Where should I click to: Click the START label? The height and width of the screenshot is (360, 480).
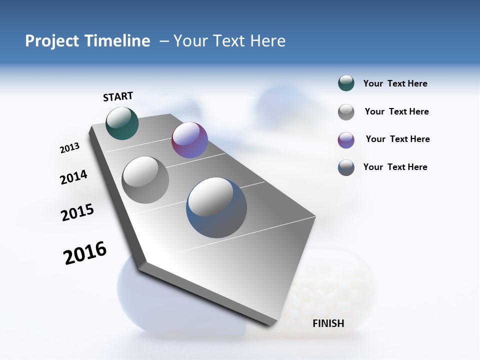(118, 96)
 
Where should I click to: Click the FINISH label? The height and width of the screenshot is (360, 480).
(328, 323)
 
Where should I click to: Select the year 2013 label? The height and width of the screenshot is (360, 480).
(69, 148)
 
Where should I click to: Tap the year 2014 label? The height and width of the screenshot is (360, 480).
(73, 177)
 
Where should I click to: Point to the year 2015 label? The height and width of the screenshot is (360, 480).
(77, 212)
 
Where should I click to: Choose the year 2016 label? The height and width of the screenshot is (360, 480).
(85, 253)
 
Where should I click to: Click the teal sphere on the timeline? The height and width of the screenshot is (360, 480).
(122, 123)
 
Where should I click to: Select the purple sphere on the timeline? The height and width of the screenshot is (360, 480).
(189, 140)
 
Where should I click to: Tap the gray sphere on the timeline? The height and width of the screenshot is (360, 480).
(145, 179)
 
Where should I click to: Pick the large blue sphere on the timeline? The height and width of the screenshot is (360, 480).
(216, 207)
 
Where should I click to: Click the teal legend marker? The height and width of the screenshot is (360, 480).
(346, 83)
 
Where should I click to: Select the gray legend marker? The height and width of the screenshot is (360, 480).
(346, 112)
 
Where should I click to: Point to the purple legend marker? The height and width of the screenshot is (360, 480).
(346, 140)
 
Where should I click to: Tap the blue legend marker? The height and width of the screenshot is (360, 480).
(346, 167)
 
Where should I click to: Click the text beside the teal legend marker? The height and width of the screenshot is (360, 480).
(395, 84)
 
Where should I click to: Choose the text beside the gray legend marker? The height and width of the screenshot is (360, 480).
(396, 111)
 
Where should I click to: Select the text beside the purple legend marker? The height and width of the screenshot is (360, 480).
(397, 139)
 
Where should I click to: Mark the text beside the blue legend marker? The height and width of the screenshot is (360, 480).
(395, 167)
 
